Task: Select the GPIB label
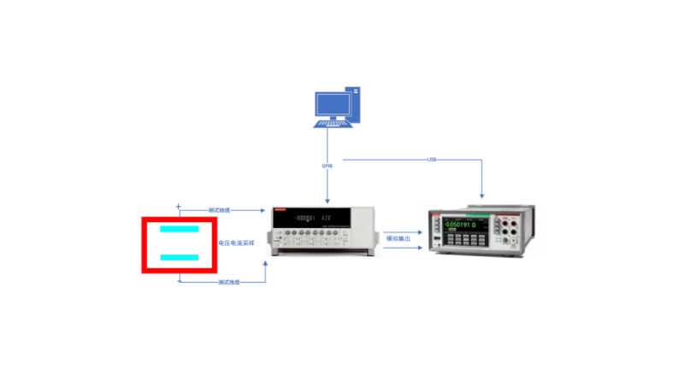coord(327,166)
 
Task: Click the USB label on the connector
coord(433,160)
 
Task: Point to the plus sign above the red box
coord(178,206)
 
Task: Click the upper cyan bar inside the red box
coord(180,230)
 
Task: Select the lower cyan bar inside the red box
coord(180,257)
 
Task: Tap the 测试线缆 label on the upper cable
coord(220,209)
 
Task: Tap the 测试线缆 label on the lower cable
coord(229,281)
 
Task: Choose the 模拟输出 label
coord(398,238)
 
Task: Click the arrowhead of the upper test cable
coord(264,209)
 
